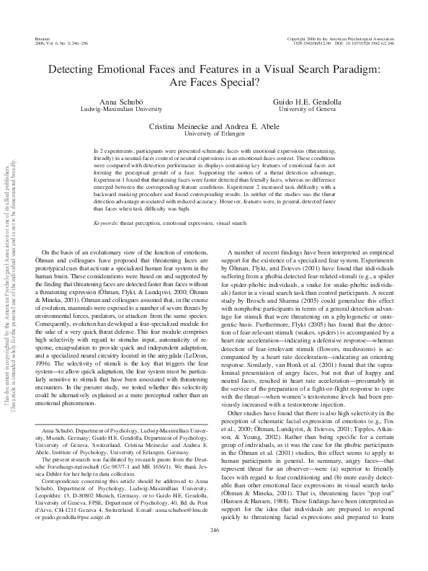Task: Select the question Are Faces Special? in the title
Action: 213,82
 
